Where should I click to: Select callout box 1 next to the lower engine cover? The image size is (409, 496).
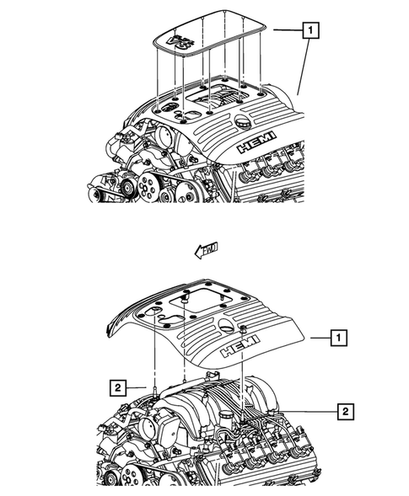(337, 339)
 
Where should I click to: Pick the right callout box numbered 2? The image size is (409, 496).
(344, 411)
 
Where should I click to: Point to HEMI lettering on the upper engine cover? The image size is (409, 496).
(257, 146)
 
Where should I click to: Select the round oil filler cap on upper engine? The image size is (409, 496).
(246, 125)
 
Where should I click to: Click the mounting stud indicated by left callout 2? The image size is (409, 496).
(157, 388)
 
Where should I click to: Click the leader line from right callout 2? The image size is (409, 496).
(295, 411)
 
